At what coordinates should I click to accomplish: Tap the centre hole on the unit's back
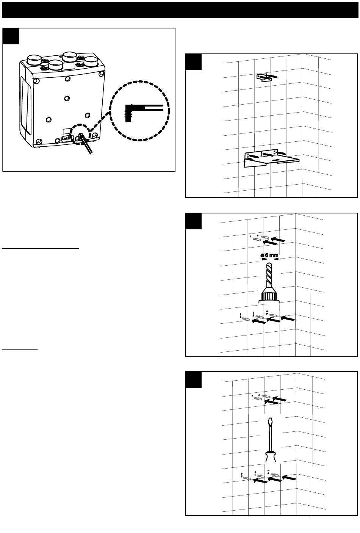coord(67,98)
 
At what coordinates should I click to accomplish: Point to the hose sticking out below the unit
coord(85,143)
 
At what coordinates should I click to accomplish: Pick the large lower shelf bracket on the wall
coord(271,158)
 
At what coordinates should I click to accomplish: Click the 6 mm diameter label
coord(269,255)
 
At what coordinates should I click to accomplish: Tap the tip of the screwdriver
coord(270,418)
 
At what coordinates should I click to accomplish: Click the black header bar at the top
coord(180,10)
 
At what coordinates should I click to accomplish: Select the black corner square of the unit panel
coord(11,36)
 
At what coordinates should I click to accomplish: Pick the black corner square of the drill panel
coord(193,221)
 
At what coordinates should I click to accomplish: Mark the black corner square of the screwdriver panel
coord(193,380)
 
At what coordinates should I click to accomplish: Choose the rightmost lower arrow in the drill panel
coord(288,318)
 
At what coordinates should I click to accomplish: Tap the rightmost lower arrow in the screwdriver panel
coord(289,477)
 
